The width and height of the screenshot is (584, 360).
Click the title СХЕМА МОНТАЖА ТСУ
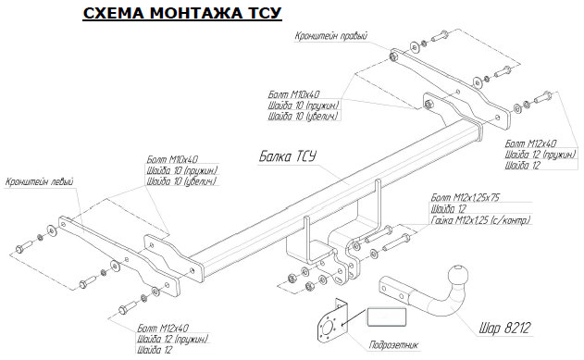[182, 13]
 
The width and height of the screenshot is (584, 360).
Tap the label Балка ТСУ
[288, 156]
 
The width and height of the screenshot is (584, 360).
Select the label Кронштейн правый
[331, 36]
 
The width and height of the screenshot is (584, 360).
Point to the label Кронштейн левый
[40, 181]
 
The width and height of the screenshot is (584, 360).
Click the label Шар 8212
[504, 329]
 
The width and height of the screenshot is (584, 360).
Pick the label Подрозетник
[393, 345]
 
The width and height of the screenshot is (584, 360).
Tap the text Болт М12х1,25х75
[465, 197]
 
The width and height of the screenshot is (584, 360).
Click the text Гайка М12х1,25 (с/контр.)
[480, 220]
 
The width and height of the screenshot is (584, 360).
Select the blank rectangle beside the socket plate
[386, 317]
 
